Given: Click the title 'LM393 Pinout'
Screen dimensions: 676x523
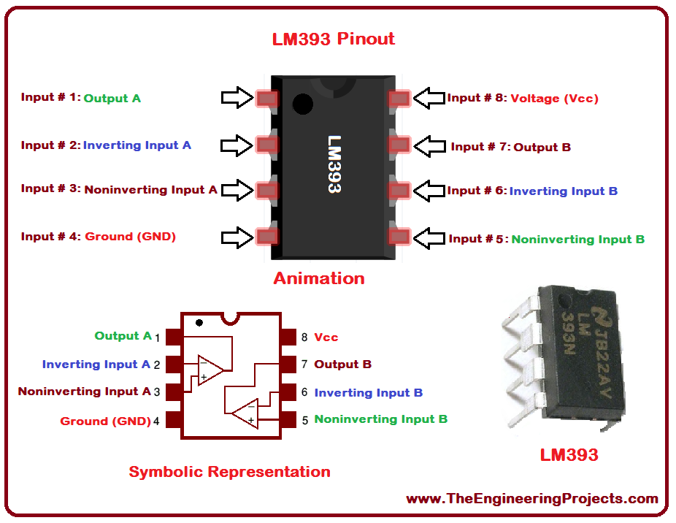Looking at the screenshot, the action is pos(334,39).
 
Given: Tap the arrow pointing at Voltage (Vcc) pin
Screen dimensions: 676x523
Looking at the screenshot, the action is pos(429,98).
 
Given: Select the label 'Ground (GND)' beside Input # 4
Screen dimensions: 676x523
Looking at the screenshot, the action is pos(131,237).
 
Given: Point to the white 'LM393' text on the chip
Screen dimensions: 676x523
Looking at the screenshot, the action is pos(334,164).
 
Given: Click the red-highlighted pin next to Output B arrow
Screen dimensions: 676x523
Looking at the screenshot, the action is pos(399,145).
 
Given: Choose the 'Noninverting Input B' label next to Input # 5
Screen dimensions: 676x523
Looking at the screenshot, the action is pos(577,239).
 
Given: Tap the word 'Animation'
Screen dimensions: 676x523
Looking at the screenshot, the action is pos(319,278).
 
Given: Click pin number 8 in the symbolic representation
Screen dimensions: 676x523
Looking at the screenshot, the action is pos(304,337).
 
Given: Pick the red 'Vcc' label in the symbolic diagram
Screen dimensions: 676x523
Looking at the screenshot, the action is pos(326,337).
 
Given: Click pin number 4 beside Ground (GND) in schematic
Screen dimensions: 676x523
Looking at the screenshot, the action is pos(156,421).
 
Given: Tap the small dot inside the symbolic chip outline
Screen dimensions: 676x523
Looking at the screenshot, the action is pos(199,322).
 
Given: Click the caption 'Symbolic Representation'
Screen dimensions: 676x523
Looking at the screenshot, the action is pos(229,472).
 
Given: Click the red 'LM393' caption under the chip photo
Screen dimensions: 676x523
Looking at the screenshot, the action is pos(569,455).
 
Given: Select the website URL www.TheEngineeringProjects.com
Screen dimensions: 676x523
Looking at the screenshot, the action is pos(532,499).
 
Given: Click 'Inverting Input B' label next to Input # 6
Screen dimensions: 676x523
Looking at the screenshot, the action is pos(564,191).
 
